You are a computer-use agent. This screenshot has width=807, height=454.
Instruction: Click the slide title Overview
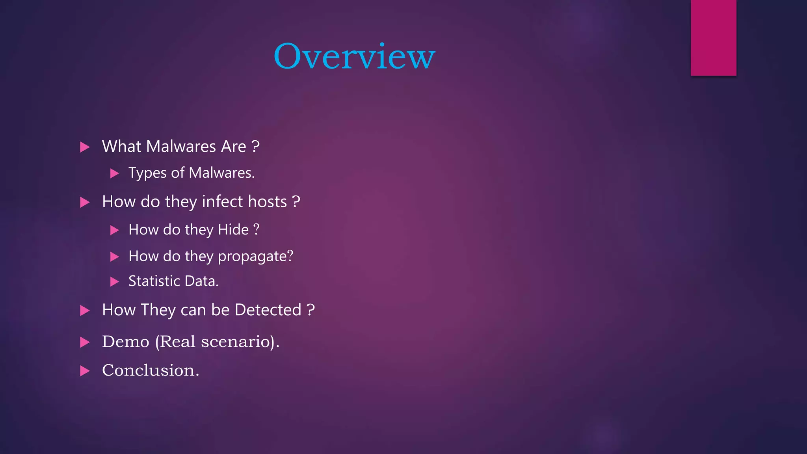point(354,56)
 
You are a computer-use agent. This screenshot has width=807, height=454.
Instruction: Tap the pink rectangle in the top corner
point(713,37)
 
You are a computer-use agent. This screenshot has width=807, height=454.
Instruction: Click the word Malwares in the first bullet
point(181,147)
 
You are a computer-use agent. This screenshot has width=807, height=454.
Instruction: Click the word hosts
point(267,202)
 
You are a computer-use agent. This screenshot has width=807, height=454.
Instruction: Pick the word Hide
point(233,230)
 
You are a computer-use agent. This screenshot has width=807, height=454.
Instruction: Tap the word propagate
point(252,257)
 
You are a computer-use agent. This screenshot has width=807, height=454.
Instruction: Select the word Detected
point(268,310)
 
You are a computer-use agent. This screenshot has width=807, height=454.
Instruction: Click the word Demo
point(126,342)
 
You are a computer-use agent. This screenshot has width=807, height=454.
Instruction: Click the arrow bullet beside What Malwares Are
point(85,147)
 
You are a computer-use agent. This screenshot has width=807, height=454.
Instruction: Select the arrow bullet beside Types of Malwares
point(115,173)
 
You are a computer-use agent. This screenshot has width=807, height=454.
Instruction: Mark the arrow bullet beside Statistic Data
point(115,281)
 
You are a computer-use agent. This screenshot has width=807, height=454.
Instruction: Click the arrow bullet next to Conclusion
point(85,371)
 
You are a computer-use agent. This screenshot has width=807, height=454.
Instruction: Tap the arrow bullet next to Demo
point(85,342)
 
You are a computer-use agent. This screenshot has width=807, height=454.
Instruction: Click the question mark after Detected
point(311,310)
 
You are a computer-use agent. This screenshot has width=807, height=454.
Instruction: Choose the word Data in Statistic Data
point(201,281)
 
